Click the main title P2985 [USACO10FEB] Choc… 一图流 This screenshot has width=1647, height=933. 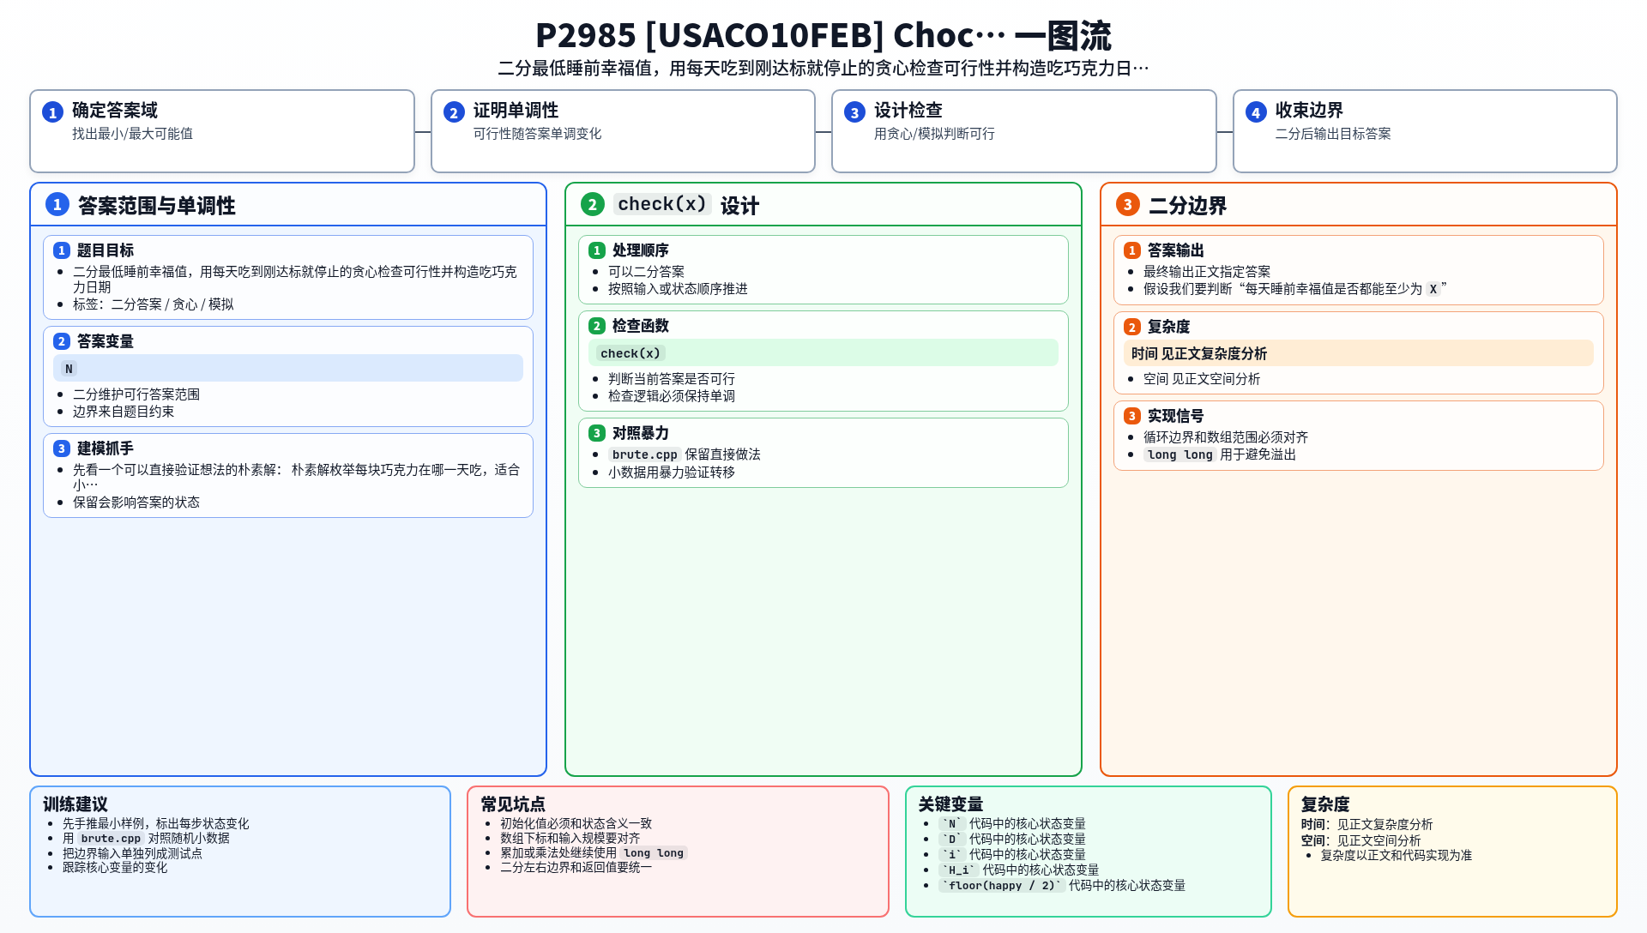coord(823,36)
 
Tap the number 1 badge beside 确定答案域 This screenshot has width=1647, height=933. coord(52,112)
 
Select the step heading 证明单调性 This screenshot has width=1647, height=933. coord(516,111)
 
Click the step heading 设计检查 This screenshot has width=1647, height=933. coord(908,111)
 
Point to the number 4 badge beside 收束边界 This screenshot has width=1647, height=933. coord(1256,112)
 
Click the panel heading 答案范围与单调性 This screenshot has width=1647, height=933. coord(156,206)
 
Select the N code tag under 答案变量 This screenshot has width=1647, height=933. coord(69,369)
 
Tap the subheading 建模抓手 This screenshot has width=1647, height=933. coord(105,448)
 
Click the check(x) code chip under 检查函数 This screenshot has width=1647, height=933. coord(630,353)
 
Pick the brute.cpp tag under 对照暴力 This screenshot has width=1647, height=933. coord(644,454)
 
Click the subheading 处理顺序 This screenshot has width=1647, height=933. coord(640,250)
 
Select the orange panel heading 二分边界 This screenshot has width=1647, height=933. coord(1187,206)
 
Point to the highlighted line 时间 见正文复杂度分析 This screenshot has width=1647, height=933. coord(1198,353)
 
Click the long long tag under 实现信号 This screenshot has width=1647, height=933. coord(1179,454)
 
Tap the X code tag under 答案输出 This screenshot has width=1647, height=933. coord(1433,289)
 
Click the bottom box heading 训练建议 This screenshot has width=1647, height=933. coord(75,804)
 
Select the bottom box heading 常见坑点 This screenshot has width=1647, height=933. coord(513,804)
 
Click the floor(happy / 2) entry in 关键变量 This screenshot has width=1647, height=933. coord(1002,886)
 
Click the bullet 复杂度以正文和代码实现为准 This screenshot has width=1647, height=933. coord(1396,856)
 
